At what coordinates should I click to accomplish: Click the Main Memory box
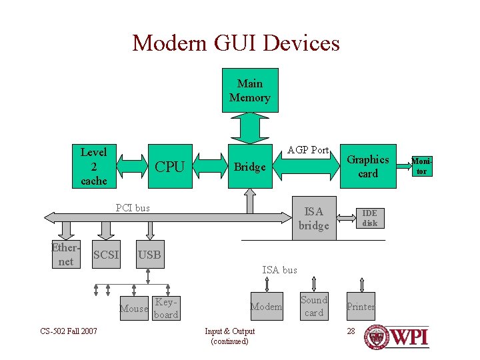coord(250,90)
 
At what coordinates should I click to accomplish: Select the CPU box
coord(169,167)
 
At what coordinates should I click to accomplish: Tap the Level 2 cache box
coord(93,166)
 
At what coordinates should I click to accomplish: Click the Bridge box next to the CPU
coord(250,167)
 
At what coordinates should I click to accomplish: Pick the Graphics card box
coord(368,167)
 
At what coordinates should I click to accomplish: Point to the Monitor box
coord(422,167)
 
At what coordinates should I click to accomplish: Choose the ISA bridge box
coord(314,219)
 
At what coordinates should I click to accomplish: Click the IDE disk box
coord(369,218)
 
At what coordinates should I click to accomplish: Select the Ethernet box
coord(65,253)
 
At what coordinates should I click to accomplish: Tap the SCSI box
coord(106,255)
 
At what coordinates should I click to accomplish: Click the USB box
coord(149,255)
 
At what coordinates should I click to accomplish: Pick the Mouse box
coord(133,308)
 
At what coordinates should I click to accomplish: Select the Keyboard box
coord(166,308)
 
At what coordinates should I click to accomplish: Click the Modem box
coord(266,307)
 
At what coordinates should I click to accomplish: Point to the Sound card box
coord(313,306)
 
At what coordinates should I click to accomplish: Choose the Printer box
coord(360,307)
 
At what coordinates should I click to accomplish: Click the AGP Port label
coord(308,150)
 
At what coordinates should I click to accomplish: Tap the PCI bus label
coord(133,207)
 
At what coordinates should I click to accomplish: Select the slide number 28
coord(351,331)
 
